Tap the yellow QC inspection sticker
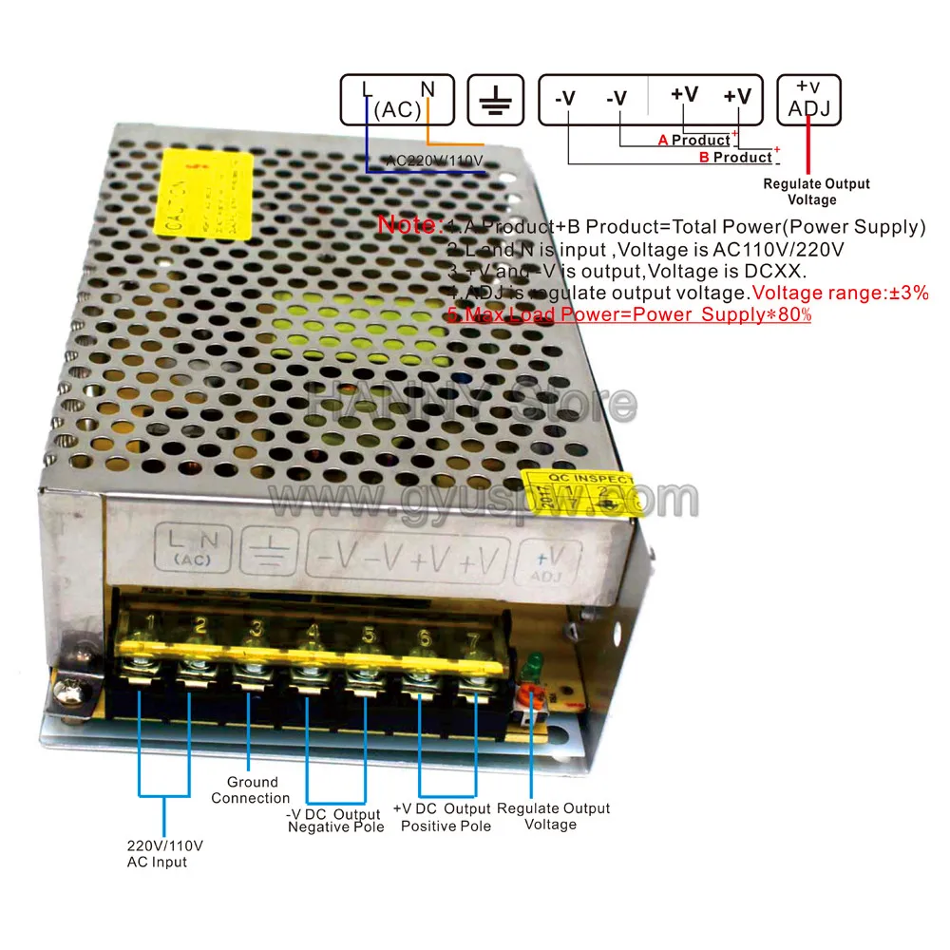(x=579, y=493)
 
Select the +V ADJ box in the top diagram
(x=808, y=100)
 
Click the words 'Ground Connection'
(x=251, y=790)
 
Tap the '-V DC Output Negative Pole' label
(x=335, y=821)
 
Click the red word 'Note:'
(x=409, y=226)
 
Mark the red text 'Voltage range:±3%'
(x=840, y=294)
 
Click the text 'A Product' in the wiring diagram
(x=694, y=141)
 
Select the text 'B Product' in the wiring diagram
(x=735, y=158)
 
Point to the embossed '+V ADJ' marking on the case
(x=546, y=562)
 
